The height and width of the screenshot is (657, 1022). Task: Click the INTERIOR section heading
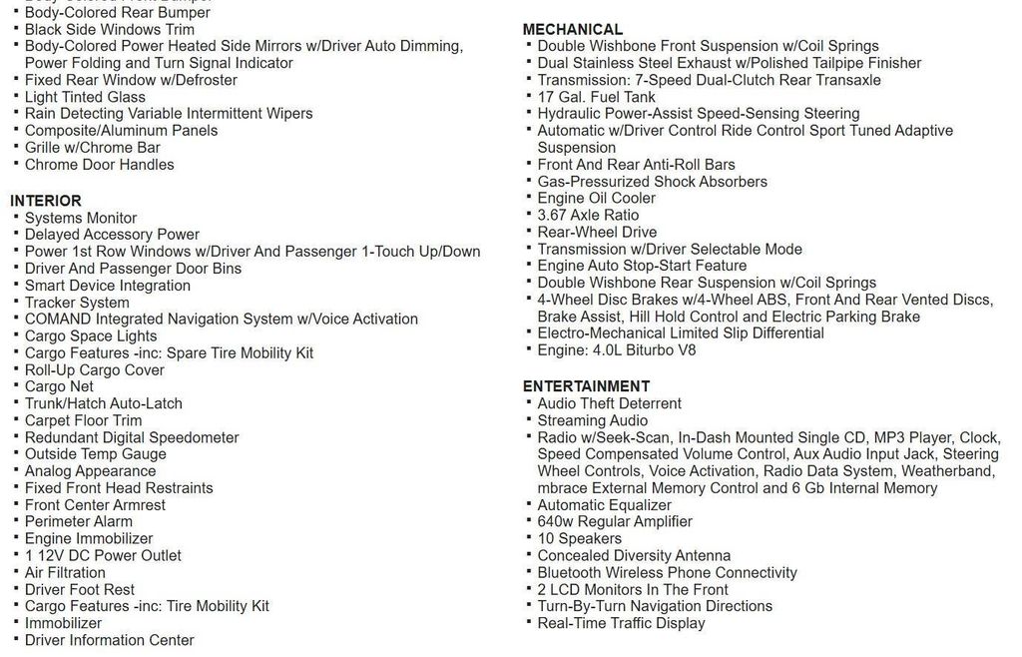point(46,201)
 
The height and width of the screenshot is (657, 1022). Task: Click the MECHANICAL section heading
point(572,29)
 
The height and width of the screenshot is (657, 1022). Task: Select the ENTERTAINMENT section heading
point(586,386)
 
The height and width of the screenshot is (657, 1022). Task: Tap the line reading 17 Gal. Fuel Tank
point(596,97)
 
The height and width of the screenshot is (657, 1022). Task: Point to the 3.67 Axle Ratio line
point(588,215)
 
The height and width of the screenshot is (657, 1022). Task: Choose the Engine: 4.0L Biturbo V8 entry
point(616,350)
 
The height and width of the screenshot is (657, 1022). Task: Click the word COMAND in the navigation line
point(55,320)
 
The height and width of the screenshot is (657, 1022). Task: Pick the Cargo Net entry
point(59,386)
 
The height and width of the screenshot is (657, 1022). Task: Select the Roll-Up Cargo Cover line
point(95,370)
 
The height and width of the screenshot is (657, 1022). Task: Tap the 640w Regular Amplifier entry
point(614,521)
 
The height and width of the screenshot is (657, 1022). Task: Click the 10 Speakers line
point(579,538)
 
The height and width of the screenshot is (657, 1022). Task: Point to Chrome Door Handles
point(99,165)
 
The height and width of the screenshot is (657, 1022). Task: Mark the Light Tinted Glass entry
point(85,97)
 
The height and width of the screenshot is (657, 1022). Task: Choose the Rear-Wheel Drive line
point(597,232)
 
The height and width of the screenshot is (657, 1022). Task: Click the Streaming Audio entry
point(592,420)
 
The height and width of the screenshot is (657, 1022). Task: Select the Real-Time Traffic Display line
point(621,623)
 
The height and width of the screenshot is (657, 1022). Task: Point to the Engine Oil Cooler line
point(596,198)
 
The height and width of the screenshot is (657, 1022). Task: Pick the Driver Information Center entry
point(109,640)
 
